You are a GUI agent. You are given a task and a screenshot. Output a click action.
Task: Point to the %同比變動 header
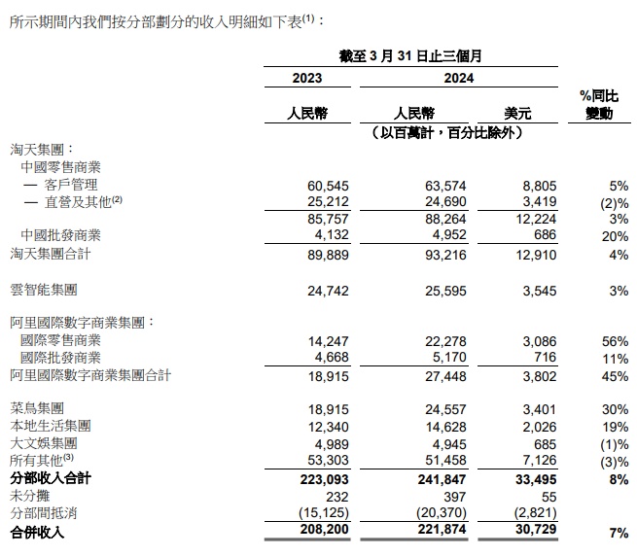(x=598, y=105)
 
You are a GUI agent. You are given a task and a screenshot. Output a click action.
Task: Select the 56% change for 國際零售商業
(x=615, y=341)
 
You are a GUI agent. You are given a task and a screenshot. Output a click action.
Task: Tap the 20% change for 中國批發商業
(x=615, y=236)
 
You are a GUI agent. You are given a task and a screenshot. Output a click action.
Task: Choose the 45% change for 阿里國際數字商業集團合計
(x=615, y=376)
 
